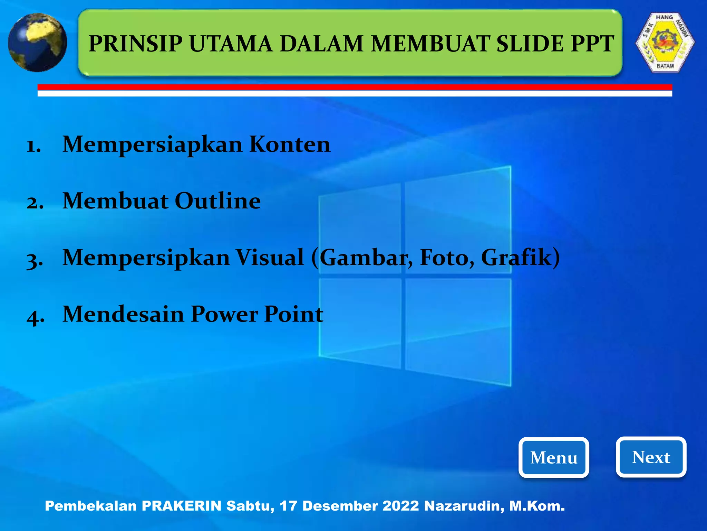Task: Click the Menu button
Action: coord(553,457)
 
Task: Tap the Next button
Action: coord(651,457)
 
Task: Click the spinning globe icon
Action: coord(37,42)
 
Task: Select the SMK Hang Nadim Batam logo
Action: coord(665,42)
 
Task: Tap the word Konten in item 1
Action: coord(290,144)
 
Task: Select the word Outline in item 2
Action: coord(218,201)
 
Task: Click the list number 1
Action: coord(34,146)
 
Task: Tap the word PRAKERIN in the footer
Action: coord(182,506)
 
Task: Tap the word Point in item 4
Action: coord(293,314)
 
